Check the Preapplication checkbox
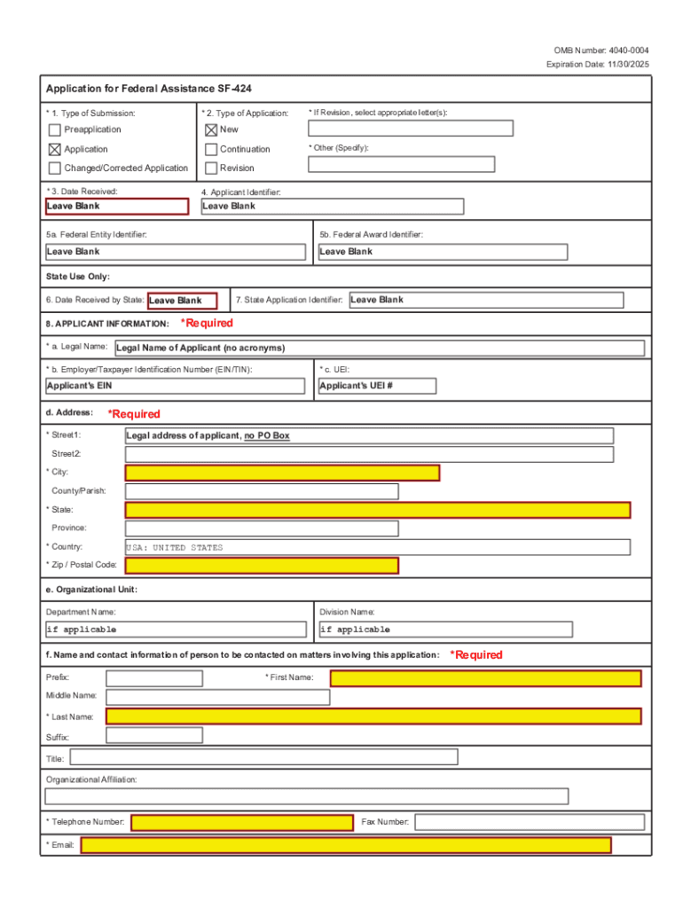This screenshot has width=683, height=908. [55, 130]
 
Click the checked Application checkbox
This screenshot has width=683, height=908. [55, 149]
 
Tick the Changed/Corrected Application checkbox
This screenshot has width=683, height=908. [55, 168]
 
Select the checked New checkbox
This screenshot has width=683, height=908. [211, 130]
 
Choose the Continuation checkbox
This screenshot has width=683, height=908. [211, 149]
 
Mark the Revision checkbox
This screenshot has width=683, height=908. [211, 168]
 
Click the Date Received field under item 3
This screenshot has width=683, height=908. [116, 207]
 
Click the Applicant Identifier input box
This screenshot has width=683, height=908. [332, 207]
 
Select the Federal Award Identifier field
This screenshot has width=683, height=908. [442, 252]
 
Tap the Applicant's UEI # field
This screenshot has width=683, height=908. [377, 387]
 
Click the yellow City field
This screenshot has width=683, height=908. [282, 473]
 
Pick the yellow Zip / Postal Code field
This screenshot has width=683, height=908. [262, 566]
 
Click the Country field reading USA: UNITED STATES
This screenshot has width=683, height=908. [378, 547]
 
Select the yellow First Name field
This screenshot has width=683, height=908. [485, 678]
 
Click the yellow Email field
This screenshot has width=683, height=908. [346, 845]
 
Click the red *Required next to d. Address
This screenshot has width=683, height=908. [134, 414]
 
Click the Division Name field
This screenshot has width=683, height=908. [445, 630]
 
